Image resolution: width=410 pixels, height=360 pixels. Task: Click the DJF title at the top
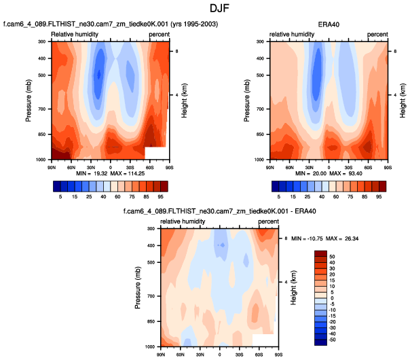(x=204, y=8)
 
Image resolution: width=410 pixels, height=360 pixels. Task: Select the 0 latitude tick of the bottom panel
(x=220, y=354)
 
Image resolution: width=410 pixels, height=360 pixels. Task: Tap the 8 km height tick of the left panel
(x=175, y=52)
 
